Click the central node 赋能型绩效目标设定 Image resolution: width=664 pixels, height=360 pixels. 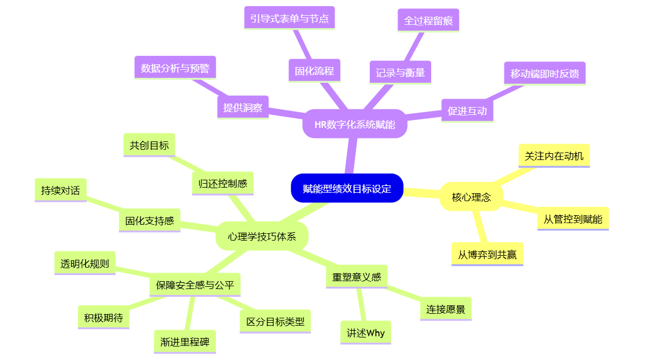[x=347, y=188]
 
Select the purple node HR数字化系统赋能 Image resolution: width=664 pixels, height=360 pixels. [x=355, y=124]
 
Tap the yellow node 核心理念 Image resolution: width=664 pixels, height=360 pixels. [x=471, y=197]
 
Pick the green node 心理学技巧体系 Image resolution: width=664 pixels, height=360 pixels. [x=262, y=236]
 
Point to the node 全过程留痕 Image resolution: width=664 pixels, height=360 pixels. [x=428, y=20]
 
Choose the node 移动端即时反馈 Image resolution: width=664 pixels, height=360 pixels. [x=544, y=73]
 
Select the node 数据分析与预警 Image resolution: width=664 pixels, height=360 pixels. [x=175, y=68]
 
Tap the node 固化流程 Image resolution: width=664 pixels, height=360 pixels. [x=315, y=71]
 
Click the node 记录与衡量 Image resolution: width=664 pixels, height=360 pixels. [x=400, y=72]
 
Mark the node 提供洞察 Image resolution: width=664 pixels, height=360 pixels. [x=243, y=108]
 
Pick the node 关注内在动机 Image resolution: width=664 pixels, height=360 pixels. [x=554, y=155]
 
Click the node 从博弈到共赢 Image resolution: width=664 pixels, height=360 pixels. [x=487, y=254]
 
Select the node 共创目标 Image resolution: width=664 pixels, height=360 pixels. [x=149, y=145]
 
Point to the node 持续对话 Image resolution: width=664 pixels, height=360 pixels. [x=60, y=190]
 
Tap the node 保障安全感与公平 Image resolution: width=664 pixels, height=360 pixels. [x=195, y=285]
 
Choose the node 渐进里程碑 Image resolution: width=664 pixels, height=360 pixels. [x=184, y=341]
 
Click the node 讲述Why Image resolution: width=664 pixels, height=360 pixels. [x=366, y=333]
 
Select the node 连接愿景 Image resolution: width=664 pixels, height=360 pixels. [x=445, y=309]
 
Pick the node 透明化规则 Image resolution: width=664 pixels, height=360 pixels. [x=85, y=263]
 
